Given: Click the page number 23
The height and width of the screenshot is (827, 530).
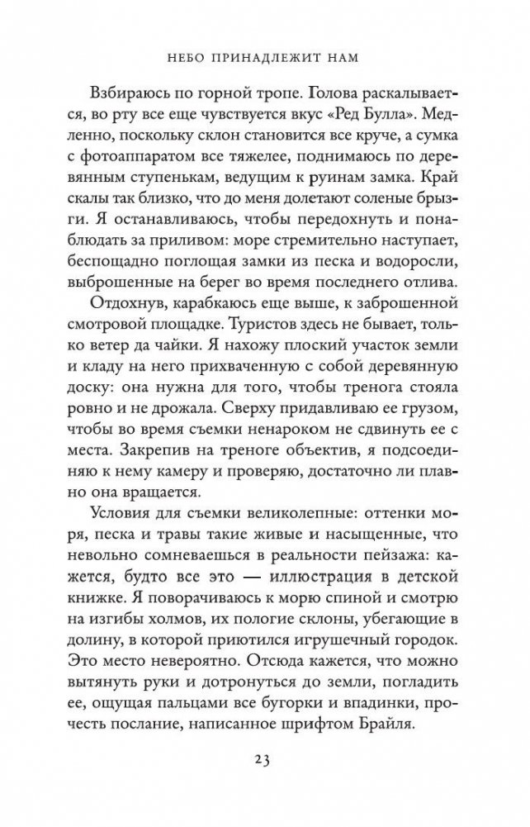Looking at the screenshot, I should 265,781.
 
